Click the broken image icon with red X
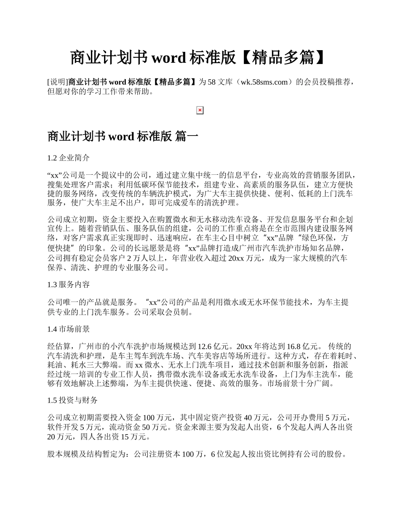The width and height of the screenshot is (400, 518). click(x=200, y=110)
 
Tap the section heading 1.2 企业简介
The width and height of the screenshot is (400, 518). click(x=69, y=158)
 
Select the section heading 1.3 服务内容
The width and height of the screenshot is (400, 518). click(x=69, y=285)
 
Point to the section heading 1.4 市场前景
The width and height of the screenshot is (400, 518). click(x=69, y=329)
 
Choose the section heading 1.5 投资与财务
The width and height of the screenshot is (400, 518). click(x=72, y=400)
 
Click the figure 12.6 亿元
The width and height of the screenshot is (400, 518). click(x=215, y=347)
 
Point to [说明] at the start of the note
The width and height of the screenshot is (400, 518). click(x=58, y=82)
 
